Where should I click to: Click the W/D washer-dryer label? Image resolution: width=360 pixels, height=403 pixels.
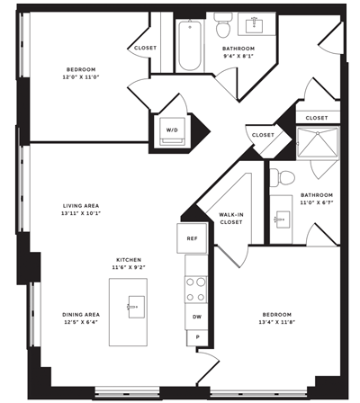pos(172,130)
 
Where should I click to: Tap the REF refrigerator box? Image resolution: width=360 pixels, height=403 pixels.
pos(192,238)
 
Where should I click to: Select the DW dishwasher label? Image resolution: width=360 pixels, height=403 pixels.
pos(197,317)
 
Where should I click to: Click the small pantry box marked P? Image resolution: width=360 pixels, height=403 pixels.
pos(197,337)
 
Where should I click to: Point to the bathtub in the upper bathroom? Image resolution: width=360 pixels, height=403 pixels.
pos(190,46)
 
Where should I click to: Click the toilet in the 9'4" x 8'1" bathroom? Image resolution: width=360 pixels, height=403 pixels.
pos(223,24)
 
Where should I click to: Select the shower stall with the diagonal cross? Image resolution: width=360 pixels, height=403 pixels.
pos(318,142)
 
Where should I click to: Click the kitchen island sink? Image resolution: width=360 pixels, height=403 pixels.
pos(136,307)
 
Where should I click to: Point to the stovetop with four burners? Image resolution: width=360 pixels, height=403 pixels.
pos(196,290)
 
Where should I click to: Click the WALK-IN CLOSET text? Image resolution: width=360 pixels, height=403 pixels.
pos(231,219)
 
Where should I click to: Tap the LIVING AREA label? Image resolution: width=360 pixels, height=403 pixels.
pos(81,206)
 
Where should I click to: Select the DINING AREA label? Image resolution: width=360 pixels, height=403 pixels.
pos(81,315)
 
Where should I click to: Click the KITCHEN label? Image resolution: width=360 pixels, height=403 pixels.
pos(129,260)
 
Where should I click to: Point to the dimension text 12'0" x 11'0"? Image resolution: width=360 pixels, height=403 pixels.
pos(81,77)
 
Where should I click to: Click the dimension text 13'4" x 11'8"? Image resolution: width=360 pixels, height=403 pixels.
pos(277,322)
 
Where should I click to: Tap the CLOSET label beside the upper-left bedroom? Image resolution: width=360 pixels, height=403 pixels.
pos(145,48)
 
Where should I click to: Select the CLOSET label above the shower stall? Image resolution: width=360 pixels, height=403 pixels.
pos(317,118)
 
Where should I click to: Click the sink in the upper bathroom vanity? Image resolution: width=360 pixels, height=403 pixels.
pos(255,26)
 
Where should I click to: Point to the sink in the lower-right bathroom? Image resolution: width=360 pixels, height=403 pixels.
pos(282,219)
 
